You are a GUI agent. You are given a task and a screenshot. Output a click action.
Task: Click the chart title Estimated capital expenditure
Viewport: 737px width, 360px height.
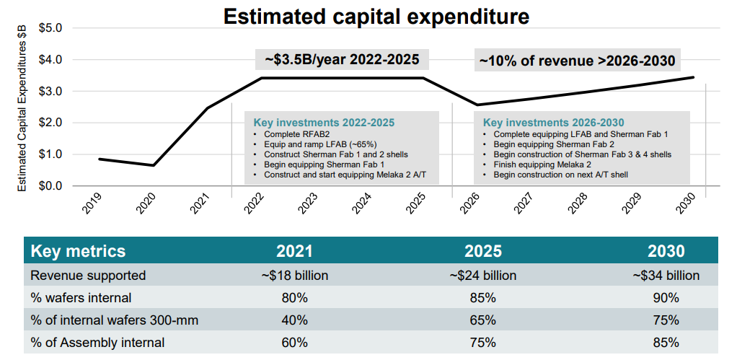(x=376, y=16)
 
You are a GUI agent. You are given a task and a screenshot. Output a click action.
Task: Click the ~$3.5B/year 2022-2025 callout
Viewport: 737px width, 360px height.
(x=342, y=60)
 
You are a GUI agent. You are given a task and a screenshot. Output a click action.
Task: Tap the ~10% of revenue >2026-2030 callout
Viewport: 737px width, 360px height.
(x=577, y=60)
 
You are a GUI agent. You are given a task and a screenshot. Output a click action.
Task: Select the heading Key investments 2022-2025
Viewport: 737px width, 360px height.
(x=325, y=123)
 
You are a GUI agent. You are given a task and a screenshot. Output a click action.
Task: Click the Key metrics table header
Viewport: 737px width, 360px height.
(x=78, y=251)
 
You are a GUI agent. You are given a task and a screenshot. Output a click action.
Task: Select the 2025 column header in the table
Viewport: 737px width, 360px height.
(x=483, y=251)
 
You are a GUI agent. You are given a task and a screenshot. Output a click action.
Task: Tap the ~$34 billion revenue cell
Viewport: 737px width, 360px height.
(x=666, y=275)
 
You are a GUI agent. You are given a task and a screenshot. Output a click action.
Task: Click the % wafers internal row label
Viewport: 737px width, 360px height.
(x=81, y=297)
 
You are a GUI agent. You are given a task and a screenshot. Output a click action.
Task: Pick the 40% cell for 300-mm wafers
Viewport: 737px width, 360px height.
(x=294, y=320)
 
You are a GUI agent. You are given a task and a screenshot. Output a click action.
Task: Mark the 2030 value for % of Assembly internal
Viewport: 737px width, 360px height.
(x=666, y=342)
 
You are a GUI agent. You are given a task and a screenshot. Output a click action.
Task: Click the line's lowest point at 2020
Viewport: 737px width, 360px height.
(x=153, y=165)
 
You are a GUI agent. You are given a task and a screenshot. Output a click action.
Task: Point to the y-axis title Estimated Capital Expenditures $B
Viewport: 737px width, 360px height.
(x=22, y=108)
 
